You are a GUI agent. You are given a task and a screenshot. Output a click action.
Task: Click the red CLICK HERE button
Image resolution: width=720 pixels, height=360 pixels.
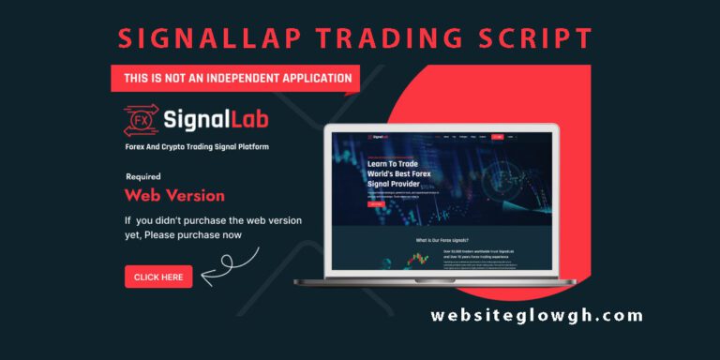[x=158, y=277]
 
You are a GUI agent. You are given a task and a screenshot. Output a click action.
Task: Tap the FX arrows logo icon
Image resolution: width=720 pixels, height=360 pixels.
[x=140, y=120]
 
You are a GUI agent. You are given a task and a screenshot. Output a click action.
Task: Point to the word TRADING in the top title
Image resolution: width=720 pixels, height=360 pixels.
[x=373, y=39]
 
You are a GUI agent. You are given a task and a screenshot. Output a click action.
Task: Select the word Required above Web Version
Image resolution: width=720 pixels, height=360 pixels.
[x=142, y=176]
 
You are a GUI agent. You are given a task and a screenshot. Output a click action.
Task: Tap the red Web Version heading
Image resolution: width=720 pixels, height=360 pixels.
[x=174, y=196]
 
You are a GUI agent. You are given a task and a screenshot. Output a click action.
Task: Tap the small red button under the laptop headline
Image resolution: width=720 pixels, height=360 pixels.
[x=349, y=203]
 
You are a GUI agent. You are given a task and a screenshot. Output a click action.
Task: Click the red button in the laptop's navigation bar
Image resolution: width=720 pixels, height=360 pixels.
[x=497, y=137]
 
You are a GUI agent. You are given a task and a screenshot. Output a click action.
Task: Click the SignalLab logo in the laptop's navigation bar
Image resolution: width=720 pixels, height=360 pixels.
[x=352, y=137]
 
